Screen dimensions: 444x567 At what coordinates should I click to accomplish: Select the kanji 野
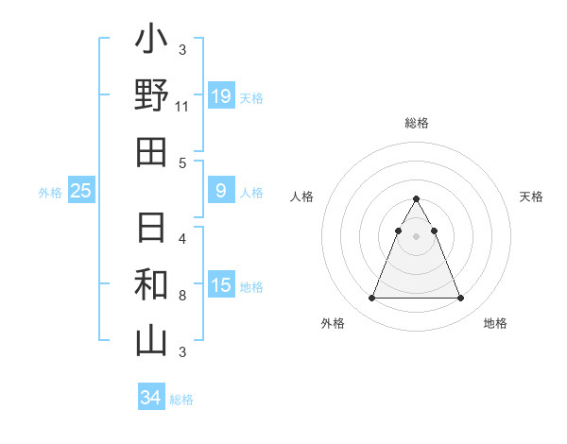151,95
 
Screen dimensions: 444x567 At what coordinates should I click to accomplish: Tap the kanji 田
151,151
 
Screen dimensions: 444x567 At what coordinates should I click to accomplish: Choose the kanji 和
151,284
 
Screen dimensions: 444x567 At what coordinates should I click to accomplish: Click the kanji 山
151,340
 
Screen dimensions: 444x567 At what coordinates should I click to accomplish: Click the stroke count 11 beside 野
182,107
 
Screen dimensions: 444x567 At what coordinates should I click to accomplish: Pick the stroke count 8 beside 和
182,296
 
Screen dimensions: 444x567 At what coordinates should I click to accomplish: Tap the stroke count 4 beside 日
182,238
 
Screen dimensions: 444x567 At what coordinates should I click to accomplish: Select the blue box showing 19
221,95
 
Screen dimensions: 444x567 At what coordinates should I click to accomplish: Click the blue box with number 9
221,191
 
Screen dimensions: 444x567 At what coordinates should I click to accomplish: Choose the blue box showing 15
221,285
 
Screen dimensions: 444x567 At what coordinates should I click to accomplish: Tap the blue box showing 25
81,191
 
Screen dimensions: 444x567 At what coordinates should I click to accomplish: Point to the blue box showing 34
150,398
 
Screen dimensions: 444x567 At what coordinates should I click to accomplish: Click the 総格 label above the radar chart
417,123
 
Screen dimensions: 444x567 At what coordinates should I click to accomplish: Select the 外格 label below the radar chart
333,323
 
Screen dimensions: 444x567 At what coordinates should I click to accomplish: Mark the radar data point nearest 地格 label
460,299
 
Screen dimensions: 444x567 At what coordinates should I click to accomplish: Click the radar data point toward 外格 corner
371,299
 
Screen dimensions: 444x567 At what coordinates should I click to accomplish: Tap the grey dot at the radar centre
416,236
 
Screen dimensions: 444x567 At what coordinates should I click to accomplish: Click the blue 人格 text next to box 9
251,193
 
